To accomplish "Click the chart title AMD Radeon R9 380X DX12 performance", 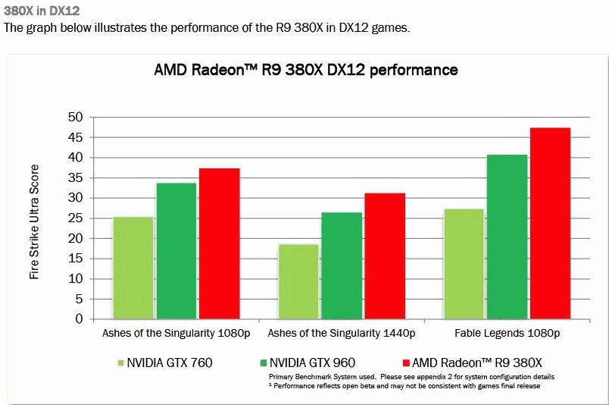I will click(306, 70).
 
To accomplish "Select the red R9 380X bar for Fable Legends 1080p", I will click(550, 223).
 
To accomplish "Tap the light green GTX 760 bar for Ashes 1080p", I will click(133, 268).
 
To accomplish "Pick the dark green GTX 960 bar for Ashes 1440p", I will click(342, 265).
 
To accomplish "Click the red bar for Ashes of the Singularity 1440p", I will click(385, 256).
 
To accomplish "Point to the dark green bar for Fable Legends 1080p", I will click(507, 237).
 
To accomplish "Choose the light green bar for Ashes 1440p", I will click(298, 281).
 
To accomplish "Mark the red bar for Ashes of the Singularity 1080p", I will click(220, 243).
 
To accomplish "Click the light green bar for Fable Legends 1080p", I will click(464, 264).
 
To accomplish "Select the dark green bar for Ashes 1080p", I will click(176, 251).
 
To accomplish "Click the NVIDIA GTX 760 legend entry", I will click(164, 363).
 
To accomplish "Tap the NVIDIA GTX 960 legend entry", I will click(307, 363).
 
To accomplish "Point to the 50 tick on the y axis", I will click(76, 118).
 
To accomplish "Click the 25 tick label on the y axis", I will click(76, 218).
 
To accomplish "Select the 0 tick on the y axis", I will click(79, 319).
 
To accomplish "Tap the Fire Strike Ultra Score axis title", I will click(34, 223).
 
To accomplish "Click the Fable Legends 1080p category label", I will click(507, 333).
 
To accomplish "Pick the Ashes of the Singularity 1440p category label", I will click(342, 333).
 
